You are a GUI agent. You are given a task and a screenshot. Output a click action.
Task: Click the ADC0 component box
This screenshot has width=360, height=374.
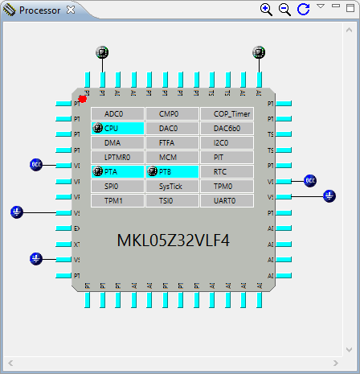click(117, 114)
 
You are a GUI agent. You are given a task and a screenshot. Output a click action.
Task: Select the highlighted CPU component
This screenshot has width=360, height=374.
click(117, 129)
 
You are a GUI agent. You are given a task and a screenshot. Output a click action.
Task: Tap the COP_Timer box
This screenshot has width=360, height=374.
click(227, 114)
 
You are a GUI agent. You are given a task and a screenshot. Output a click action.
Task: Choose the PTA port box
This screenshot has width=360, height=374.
click(117, 172)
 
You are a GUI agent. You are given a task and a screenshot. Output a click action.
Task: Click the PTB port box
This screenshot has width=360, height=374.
click(172, 172)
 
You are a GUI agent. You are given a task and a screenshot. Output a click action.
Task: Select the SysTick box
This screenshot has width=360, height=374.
click(172, 187)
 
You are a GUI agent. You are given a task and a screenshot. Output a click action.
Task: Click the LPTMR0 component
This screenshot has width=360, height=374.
click(117, 158)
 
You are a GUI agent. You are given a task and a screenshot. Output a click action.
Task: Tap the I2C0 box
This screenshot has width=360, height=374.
click(227, 143)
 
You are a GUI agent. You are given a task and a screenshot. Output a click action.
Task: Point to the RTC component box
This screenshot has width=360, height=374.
click(227, 172)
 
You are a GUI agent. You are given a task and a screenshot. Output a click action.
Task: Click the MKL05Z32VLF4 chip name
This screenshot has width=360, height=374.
click(173, 240)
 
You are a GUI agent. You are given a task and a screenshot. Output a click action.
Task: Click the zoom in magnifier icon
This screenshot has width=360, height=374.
click(266, 10)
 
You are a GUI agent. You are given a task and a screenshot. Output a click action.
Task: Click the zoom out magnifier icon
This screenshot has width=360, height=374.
click(284, 10)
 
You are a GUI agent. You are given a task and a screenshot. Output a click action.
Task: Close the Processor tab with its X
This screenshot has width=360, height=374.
click(71, 10)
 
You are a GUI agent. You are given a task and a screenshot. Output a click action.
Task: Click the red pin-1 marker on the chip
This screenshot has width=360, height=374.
click(83, 99)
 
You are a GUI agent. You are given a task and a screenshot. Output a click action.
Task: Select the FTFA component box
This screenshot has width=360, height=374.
click(172, 143)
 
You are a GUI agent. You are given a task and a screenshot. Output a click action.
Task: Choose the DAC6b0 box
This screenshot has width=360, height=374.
click(227, 129)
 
